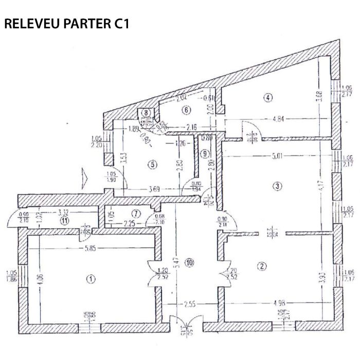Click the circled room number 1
pyautogui.click(x=91, y=279)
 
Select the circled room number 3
pyautogui.click(x=278, y=186)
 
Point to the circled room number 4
pyautogui.click(x=267, y=96)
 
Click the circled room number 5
pyautogui.click(x=151, y=165)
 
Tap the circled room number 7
pyautogui.click(x=136, y=213)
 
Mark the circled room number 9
pyautogui.click(x=205, y=153)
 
